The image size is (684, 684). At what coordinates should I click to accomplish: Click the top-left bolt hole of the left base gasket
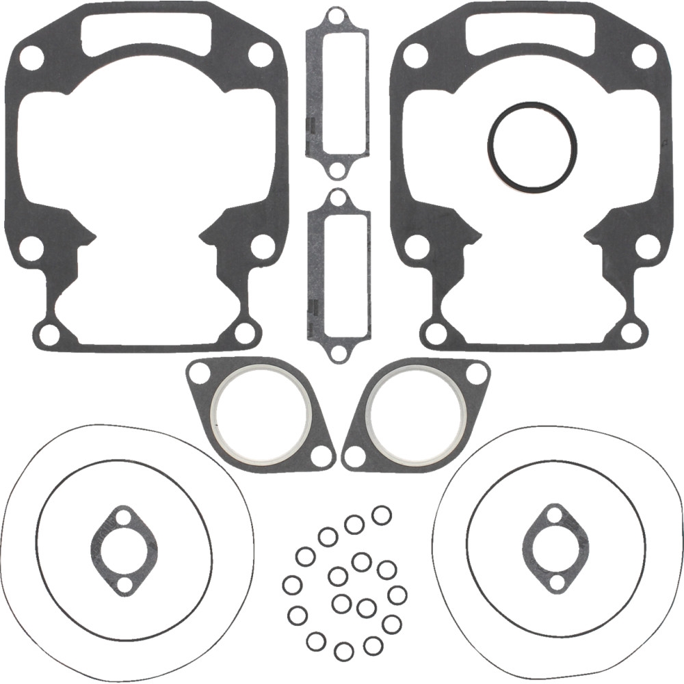pos(31,58)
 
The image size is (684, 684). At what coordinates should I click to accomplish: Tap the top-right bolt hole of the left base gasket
pos(261,55)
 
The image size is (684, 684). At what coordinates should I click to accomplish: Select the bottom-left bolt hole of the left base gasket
pos(49,334)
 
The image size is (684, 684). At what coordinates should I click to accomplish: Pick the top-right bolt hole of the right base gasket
pos(644,55)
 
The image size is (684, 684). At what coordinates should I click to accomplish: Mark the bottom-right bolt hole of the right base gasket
pos(632,333)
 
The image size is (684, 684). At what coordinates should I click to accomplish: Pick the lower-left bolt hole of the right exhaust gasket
pos(354,456)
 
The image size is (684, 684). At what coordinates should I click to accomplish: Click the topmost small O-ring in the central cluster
pos(381,515)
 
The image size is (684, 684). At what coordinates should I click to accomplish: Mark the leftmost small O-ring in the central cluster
pos(292,586)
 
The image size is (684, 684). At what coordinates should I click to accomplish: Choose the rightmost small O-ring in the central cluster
pos(397,595)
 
